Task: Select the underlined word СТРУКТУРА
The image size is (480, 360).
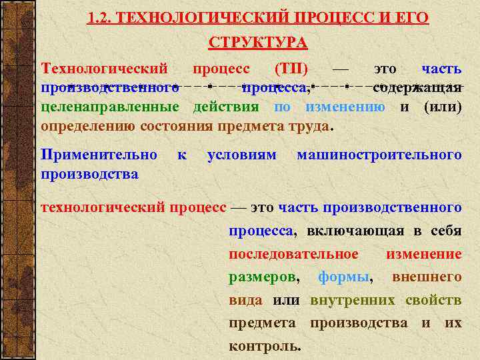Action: tap(258, 43)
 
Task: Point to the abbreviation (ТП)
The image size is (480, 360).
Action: tap(291, 69)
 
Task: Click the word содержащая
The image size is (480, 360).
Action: tap(417, 88)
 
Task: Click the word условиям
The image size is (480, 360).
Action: tap(241, 155)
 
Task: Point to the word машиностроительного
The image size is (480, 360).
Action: tap(379, 155)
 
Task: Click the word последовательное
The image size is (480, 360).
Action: tap(293, 254)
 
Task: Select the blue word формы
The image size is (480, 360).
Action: tap(345, 277)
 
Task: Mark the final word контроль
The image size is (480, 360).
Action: tap(264, 346)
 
